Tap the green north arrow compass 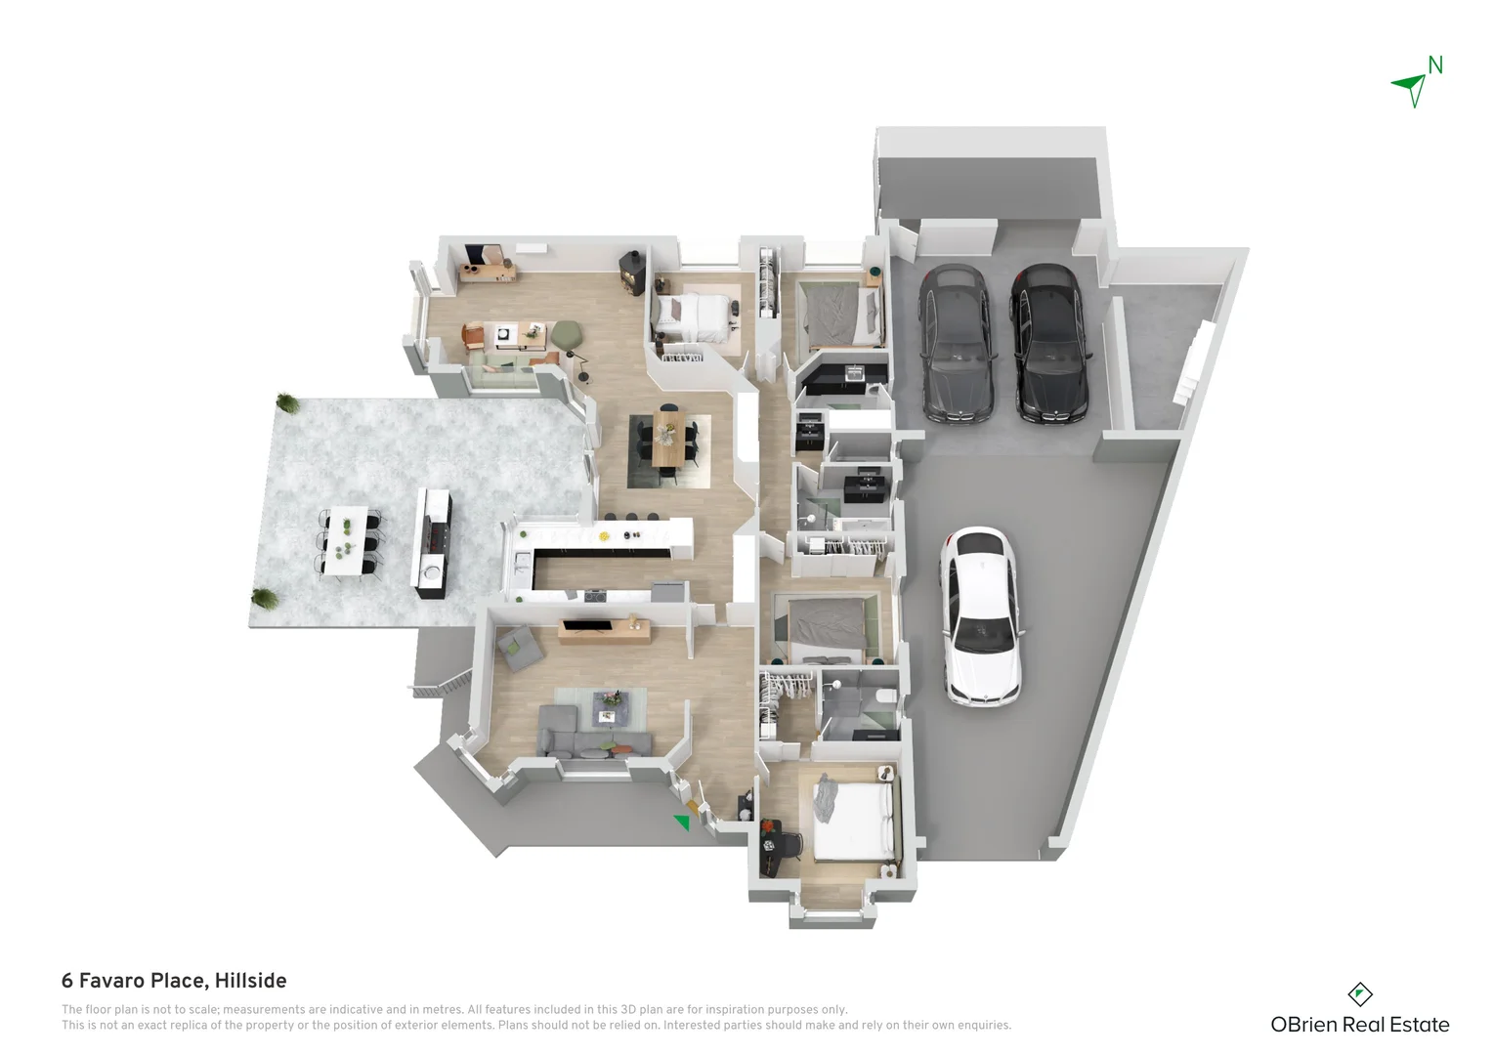pyautogui.click(x=1411, y=88)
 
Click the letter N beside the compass pyautogui.click(x=1435, y=65)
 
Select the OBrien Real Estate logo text pyautogui.click(x=1359, y=1025)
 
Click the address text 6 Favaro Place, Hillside pyautogui.click(x=174, y=981)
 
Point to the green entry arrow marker pyautogui.click(x=682, y=823)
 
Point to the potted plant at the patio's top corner pyautogui.click(x=286, y=401)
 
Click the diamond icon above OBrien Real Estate pyautogui.click(x=1359, y=994)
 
